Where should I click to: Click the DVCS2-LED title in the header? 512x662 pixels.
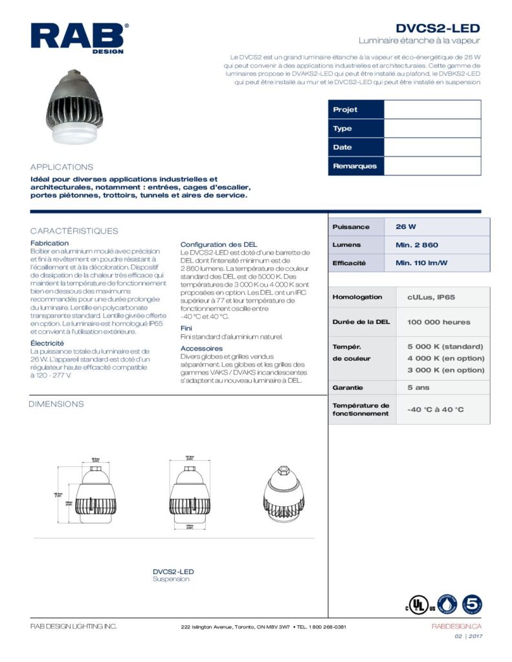pos(438,28)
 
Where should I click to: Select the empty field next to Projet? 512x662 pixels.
pos(432,110)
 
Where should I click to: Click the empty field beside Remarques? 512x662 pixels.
pos(432,166)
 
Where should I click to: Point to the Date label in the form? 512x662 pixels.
pos(342,147)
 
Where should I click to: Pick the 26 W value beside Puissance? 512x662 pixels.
pos(406,227)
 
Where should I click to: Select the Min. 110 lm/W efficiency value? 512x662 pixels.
pos(421,263)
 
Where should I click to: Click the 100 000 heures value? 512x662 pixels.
pos(438,322)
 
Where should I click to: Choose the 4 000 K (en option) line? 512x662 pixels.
pos(445,358)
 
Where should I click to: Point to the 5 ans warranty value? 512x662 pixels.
pos(418,388)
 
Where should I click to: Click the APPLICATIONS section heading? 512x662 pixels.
pos(61,167)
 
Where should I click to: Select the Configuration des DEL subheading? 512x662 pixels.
pos(219,244)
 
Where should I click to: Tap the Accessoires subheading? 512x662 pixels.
pos(201,348)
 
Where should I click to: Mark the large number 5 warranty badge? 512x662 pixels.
pos(471,604)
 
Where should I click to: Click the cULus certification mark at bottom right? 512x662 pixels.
pos(419,606)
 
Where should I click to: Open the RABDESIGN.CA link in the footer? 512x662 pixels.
pos(456,626)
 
